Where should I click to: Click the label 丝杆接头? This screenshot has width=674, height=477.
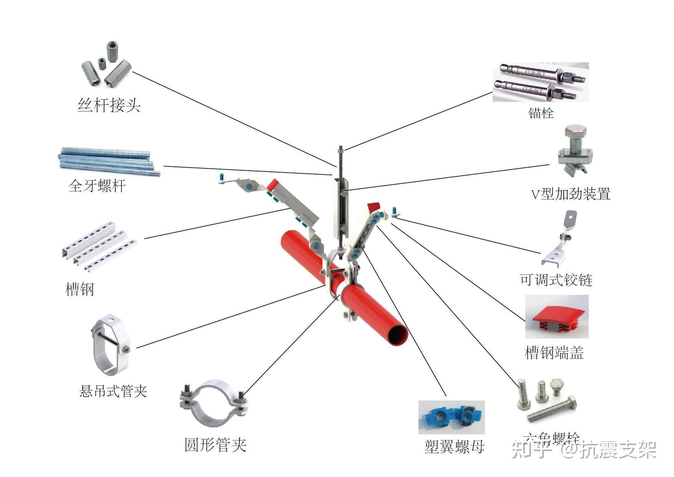pyautogui.click(x=109, y=105)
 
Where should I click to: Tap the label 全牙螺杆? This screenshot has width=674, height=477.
pyautogui.click(x=97, y=186)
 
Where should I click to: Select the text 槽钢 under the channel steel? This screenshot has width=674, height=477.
pyautogui.click(x=80, y=289)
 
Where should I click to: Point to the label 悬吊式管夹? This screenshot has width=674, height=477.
pyautogui.click(x=113, y=391)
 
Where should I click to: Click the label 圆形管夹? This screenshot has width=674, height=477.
pyautogui.click(x=215, y=445)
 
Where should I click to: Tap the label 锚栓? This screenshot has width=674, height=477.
pyautogui.click(x=541, y=113)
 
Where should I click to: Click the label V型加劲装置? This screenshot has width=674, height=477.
pyautogui.click(x=570, y=194)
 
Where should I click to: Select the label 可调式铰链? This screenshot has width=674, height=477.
pyautogui.click(x=556, y=279)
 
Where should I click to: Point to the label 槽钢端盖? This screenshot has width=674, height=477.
pyautogui.click(x=554, y=352)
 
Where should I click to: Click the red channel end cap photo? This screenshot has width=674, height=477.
pyautogui.click(x=556, y=317)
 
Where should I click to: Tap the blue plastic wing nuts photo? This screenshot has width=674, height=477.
pyautogui.click(x=452, y=417)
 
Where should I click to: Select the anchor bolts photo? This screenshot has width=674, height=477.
pyautogui.click(x=541, y=82)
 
